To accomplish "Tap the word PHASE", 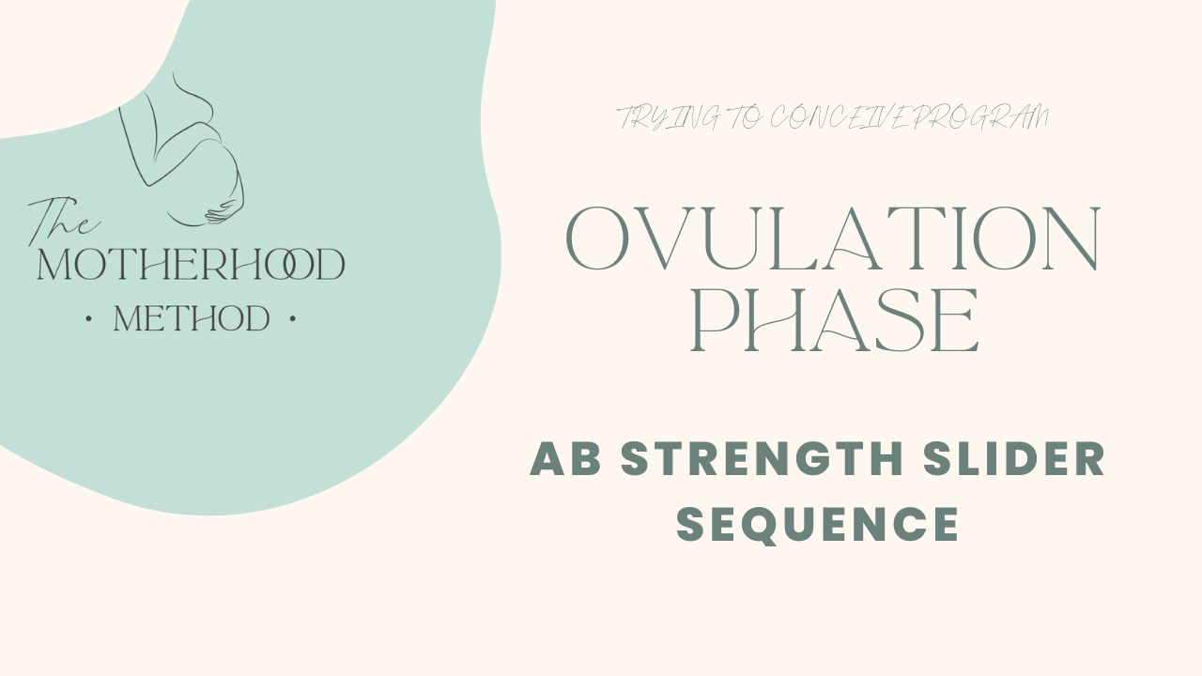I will pyautogui.click(x=835, y=322).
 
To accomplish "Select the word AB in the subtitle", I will pyautogui.click(x=565, y=459).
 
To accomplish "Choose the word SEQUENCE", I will pyautogui.click(x=818, y=524).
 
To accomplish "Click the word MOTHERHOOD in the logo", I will pyautogui.click(x=191, y=266).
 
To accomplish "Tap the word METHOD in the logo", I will pyautogui.click(x=192, y=319).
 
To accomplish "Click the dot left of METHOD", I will pyautogui.click(x=88, y=319).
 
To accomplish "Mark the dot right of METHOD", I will pyautogui.click(x=293, y=319).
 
